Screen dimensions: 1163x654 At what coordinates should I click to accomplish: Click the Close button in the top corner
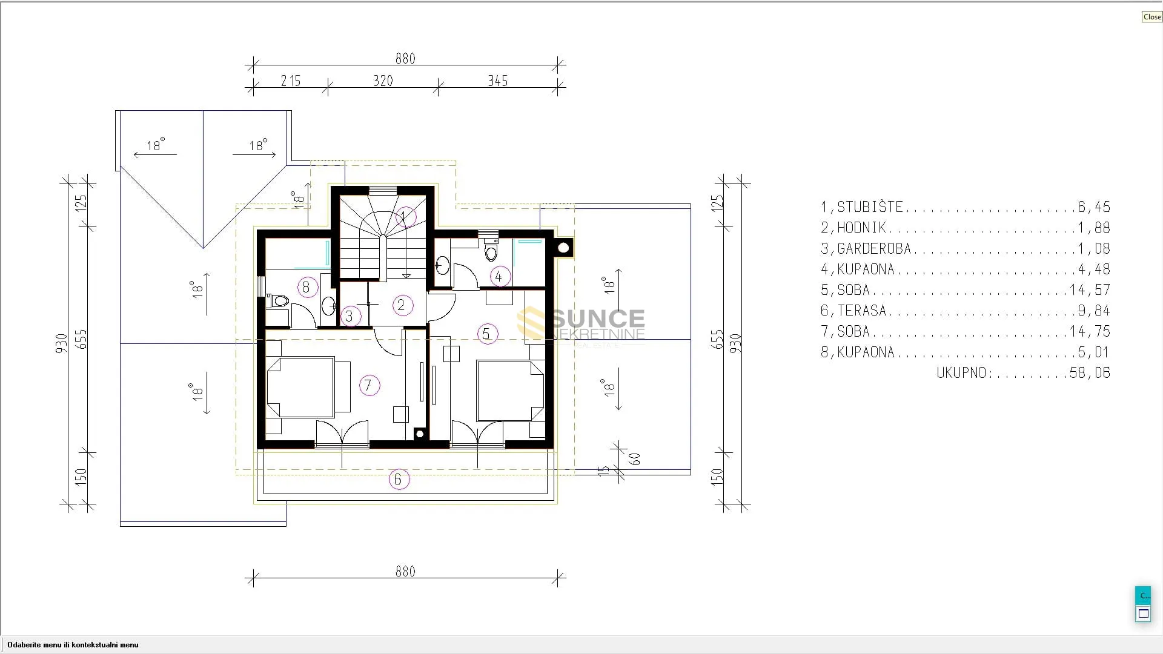pos(1151,17)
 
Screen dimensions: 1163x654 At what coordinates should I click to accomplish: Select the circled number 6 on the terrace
pos(399,480)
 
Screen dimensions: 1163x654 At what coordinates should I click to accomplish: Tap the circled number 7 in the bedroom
pos(369,385)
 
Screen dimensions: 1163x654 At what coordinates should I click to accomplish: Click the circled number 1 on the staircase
pos(405,217)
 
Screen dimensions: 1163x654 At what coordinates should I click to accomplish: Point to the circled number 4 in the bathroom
pos(499,277)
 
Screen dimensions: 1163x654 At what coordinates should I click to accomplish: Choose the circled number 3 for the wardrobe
pos(350,315)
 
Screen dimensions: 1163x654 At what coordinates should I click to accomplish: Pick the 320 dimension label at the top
pos(383,81)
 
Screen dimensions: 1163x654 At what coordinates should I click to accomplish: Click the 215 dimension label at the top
pos(291,81)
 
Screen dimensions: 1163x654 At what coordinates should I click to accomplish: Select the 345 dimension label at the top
pos(498,81)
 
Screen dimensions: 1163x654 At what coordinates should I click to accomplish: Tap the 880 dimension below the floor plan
pos(405,572)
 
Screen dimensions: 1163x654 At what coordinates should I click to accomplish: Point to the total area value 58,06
pos(1090,373)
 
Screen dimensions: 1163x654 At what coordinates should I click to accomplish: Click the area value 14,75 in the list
pos(1090,332)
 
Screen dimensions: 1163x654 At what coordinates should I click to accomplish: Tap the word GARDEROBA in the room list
pos(874,249)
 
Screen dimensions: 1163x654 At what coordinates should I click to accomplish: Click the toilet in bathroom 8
pos(278,300)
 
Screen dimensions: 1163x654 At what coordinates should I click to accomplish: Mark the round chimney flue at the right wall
pos(563,247)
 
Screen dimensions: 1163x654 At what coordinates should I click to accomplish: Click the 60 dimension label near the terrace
pos(635,459)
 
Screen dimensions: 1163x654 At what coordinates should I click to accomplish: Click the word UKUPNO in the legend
pos(962,373)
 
